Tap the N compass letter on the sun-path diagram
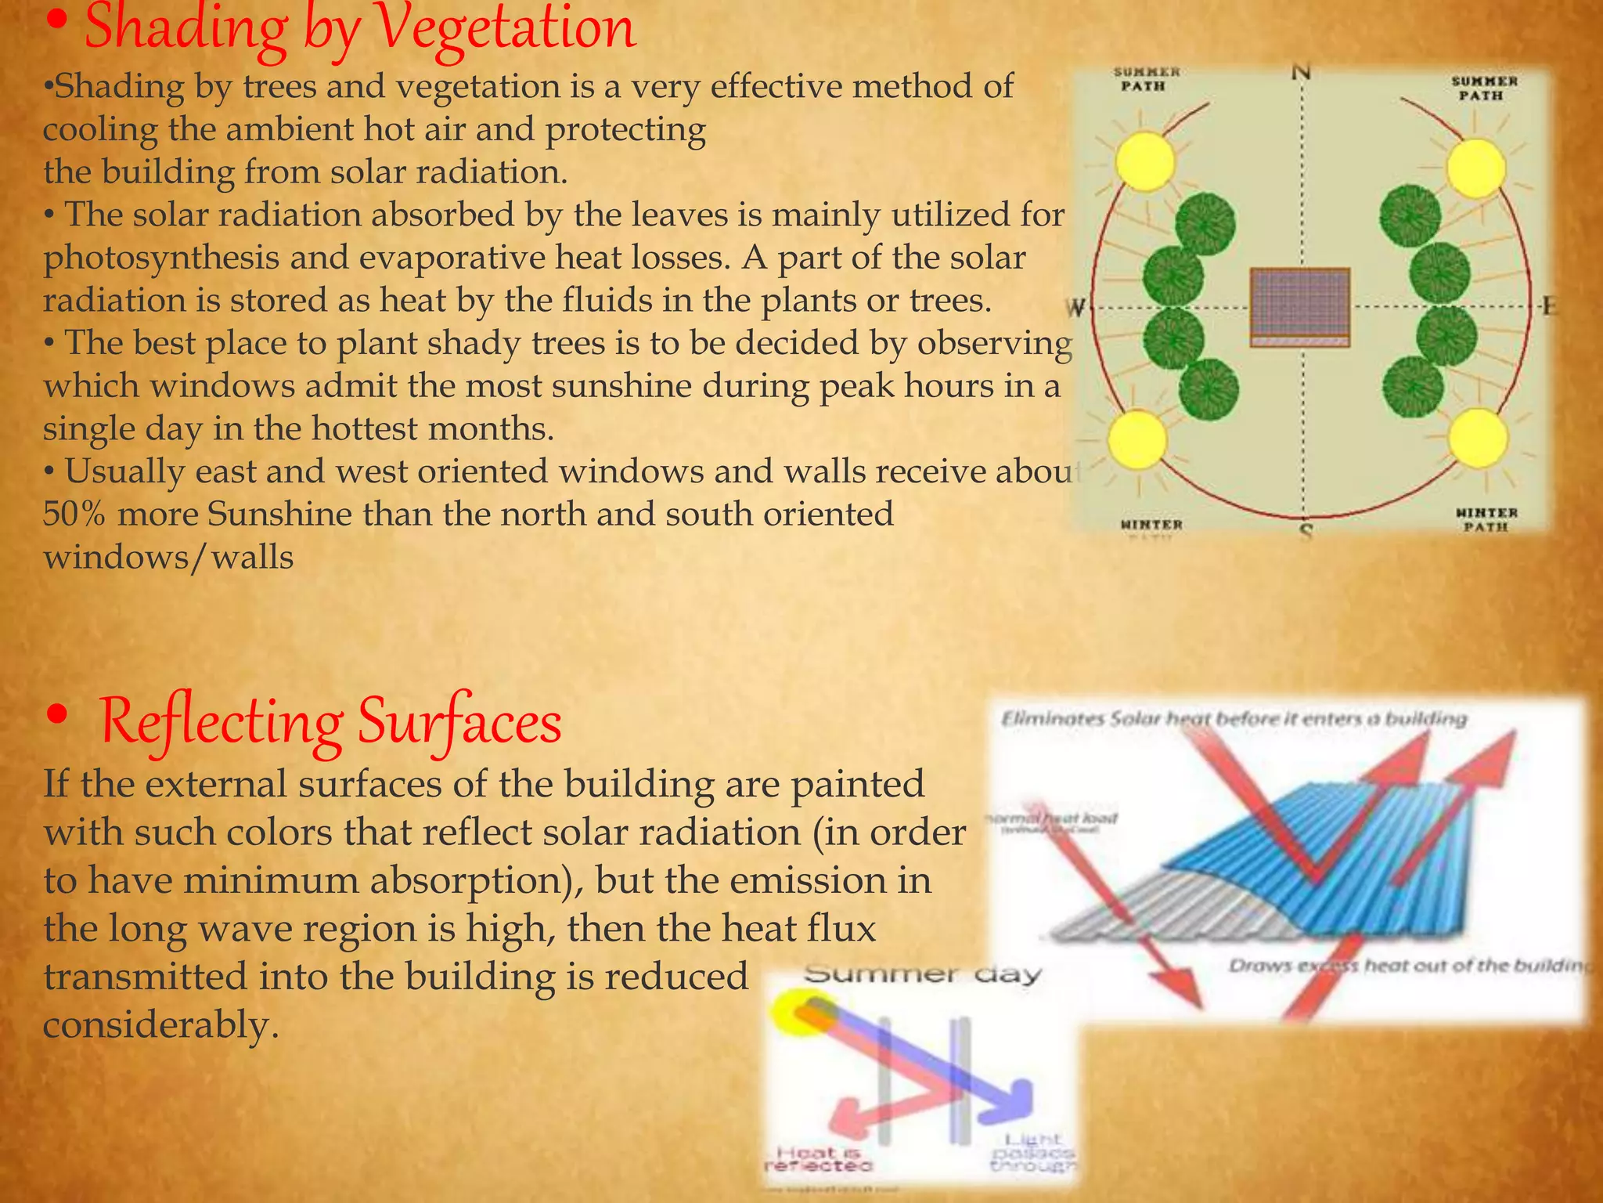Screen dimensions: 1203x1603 [1301, 73]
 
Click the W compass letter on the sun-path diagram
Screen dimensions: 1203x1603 [1077, 308]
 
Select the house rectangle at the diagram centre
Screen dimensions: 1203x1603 [1299, 306]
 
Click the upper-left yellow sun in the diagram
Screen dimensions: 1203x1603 [1144, 161]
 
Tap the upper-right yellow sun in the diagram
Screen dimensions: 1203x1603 [1475, 168]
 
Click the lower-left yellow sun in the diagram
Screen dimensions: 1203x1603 [1138, 440]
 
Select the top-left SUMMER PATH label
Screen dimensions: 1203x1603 [1146, 79]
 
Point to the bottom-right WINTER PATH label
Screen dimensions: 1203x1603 [1486, 519]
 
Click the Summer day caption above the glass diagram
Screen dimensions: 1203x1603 [923, 974]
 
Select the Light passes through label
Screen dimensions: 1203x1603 [1032, 1153]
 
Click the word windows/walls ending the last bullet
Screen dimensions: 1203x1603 [168, 558]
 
